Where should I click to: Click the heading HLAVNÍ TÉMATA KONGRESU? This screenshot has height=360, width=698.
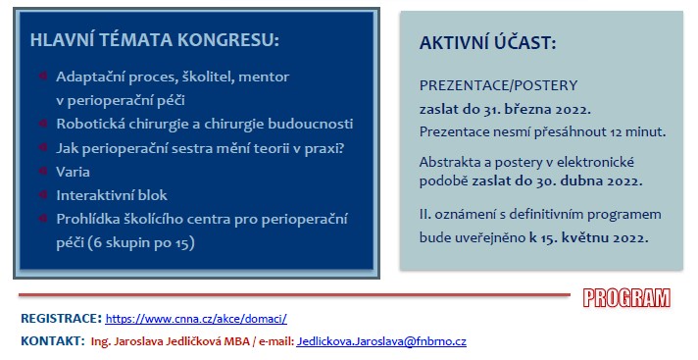click(155, 39)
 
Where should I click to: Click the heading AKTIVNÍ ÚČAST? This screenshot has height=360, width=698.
click(487, 43)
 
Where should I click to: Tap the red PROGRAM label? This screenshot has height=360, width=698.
click(626, 298)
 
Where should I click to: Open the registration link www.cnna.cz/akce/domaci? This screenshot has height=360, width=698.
click(196, 319)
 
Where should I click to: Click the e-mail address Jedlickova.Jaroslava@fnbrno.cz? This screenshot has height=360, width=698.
click(381, 341)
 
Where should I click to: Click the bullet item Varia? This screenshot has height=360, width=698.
click(73, 172)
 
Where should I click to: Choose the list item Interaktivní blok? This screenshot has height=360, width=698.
click(112, 195)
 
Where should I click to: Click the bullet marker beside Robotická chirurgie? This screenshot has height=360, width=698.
click(43, 123)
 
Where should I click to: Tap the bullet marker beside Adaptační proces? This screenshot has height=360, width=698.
click(43, 76)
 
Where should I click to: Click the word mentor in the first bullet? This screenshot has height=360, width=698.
click(264, 77)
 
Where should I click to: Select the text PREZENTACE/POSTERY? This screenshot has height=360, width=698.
click(498, 85)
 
